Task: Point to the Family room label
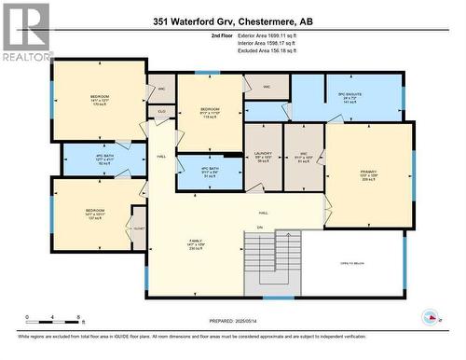coord(196,245)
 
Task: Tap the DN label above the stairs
coord(261,228)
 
